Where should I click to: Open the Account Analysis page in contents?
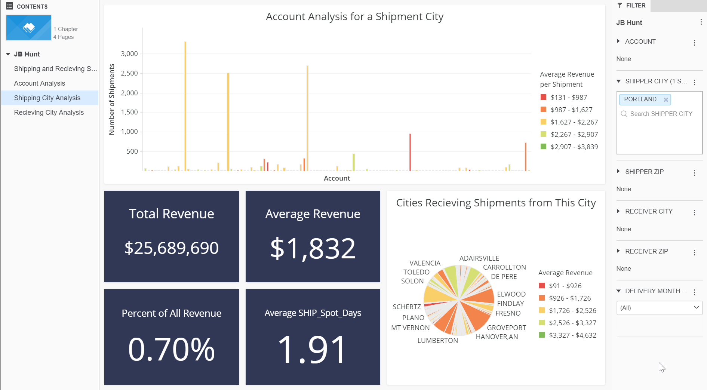(40, 83)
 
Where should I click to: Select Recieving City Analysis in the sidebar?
(49, 113)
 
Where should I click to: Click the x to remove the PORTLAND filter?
(666, 99)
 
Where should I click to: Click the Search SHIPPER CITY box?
(661, 114)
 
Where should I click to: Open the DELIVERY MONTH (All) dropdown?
(659, 308)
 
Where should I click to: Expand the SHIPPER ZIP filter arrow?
(618, 171)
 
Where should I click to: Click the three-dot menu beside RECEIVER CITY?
(694, 212)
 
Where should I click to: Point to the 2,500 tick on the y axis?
(129, 73)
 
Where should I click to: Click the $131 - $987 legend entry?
(568, 98)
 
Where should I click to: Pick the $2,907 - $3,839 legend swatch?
(544, 147)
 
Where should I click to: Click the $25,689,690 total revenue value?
(172, 248)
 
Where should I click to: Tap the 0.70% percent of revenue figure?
(172, 350)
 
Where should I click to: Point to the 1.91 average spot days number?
(313, 350)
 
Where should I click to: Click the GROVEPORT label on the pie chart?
(506, 328)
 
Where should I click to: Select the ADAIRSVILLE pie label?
(479, 258)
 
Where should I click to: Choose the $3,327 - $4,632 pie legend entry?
(572, 335)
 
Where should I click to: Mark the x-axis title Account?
(337, 178)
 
